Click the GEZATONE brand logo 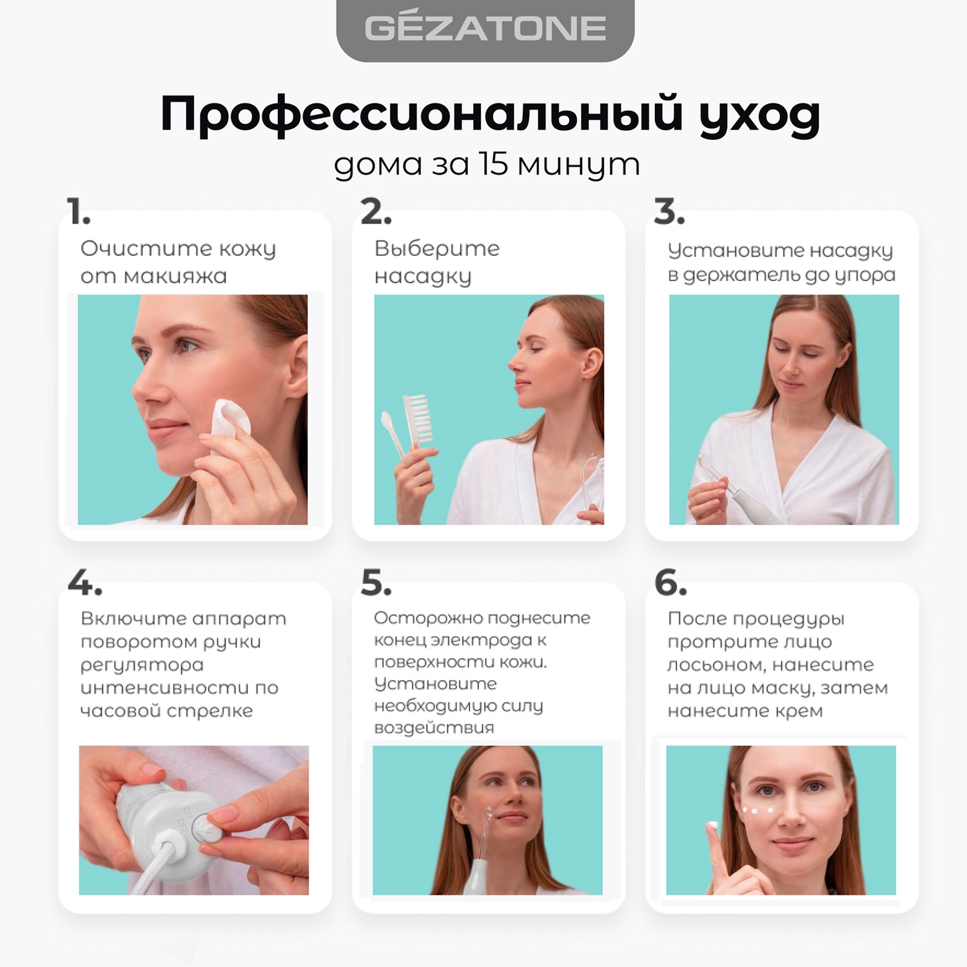point(485,28)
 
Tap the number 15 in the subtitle point(494,164)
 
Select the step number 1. point(78,211)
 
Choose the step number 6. point(670,583)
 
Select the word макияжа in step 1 point(175,277)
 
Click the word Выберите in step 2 point(436,248)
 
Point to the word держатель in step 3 point(743,275)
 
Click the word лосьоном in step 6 point(716,665)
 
